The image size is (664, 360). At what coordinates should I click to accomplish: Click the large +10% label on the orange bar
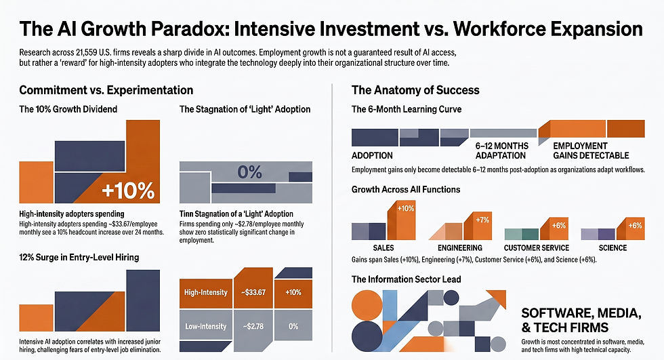(128, 191)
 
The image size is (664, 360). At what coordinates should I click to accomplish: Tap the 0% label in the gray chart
(249, 172)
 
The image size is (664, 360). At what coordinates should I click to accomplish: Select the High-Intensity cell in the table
(206, 293)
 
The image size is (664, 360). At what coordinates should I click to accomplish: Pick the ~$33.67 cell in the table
(253, 293)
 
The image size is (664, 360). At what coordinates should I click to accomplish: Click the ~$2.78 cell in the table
(253, 326)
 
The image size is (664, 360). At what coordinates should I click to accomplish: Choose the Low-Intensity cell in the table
(206, 326)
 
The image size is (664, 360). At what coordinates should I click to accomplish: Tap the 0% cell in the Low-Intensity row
(293, 326)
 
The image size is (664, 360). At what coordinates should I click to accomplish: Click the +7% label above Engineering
(482, 220)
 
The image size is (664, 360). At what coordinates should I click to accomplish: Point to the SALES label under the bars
(383, 247)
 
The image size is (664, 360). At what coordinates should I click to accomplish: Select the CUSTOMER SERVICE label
(537, 247)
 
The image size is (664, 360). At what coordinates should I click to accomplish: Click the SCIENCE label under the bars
(613, 247)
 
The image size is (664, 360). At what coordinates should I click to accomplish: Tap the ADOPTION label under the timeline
(372, 155)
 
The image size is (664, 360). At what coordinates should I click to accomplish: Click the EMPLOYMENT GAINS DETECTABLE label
(591, 151)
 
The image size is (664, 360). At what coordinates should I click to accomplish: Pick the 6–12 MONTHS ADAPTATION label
(502, 151)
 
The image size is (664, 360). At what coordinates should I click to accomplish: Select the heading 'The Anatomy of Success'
(415, 90)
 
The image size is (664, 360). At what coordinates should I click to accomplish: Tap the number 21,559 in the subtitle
(87, 53)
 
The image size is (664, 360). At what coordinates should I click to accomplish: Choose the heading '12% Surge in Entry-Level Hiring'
(79, 257)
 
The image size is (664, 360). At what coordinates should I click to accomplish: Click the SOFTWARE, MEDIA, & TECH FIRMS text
(581, 320)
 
